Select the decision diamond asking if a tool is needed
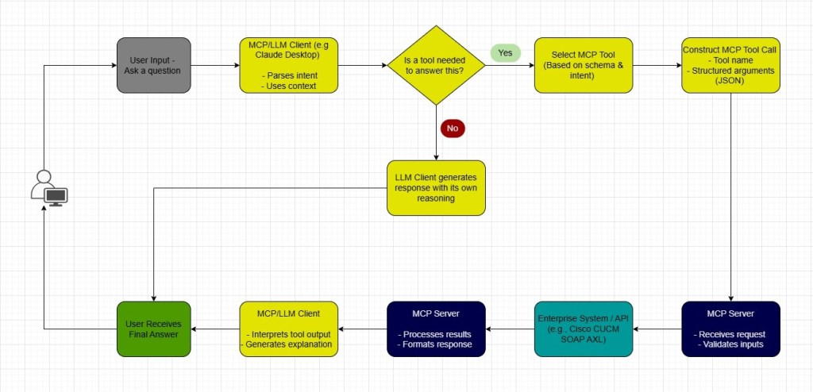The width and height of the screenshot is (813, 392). [435, 65]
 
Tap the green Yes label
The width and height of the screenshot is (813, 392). [505, 53]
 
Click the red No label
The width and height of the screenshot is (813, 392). [453, 127]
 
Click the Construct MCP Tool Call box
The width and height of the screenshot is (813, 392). [730, 64]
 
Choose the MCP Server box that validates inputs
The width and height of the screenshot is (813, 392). [730, 329]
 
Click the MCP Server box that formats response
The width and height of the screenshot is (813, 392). [435, 329]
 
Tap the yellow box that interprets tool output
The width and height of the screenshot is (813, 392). [288, 329]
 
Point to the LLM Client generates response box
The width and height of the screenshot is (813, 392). [435, 188]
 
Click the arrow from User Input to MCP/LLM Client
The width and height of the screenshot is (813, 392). [214, 65]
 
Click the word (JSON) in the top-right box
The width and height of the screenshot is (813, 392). [730, 81]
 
